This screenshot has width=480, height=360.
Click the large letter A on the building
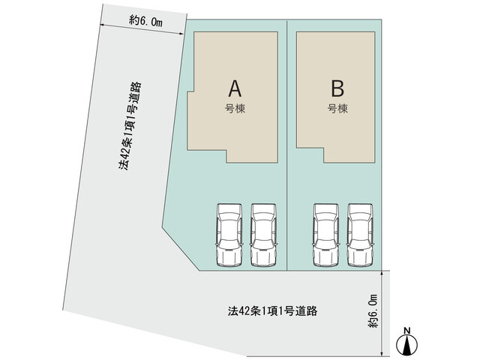tap(235, 88)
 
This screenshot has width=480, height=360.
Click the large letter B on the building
tap(337, 88)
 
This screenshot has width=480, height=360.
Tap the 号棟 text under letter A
tap(235, 109)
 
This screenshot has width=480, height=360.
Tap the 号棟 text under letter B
tap(337, 109)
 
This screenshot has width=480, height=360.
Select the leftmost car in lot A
tap(229, 235)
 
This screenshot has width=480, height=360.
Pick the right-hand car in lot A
tap(263, 235)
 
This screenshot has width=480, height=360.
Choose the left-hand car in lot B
tap(326, 235)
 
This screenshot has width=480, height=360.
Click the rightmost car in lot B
tap(360, 235)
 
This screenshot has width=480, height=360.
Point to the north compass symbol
tap(406, 344)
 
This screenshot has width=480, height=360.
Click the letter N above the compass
tap(406, 330)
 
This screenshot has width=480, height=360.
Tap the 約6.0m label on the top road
tap(145, 21)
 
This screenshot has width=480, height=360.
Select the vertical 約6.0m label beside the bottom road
tap(373, 311)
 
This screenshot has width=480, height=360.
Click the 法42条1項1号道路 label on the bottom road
tap(272, 311)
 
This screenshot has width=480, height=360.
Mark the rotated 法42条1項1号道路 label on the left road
tap(130, 126)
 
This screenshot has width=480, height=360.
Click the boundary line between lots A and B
tap(286, 145)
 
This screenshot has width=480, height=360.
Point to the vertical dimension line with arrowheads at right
tap(382, 313)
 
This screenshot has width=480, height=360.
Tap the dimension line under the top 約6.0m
tap(142, 30)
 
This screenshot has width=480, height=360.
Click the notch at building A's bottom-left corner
tap(226, 156)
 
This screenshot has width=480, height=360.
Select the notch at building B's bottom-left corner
tap(324, 155)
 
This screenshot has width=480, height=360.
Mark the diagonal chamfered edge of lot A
tap(181, 249)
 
